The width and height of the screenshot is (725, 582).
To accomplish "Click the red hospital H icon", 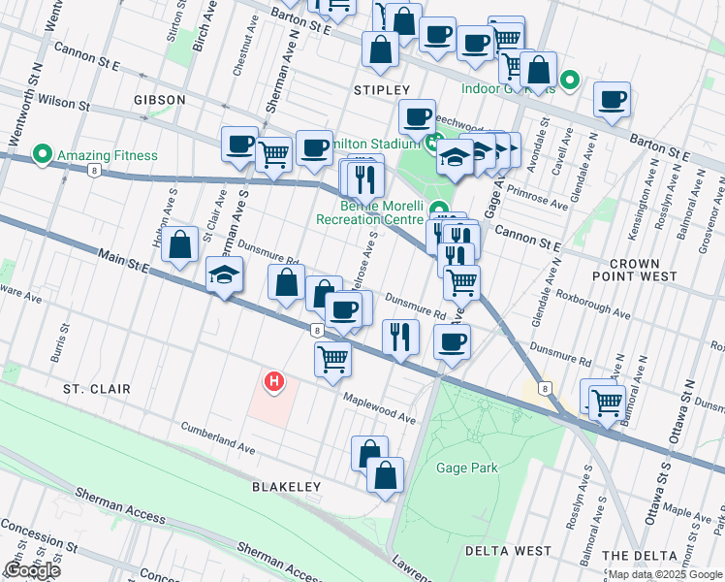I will [274, 382].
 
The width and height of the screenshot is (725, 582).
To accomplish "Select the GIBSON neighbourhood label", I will [160, 100].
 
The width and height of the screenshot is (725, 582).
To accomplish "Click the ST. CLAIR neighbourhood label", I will [96, 388].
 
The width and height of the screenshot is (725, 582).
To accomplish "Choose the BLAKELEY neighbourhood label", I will [286, 486].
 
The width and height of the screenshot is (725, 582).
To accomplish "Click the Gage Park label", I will [467, 468].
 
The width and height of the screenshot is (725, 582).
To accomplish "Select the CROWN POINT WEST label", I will [648, 270].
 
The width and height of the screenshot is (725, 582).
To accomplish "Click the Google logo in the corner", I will [32, 569].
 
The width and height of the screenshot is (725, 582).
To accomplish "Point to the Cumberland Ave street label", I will [218, 438].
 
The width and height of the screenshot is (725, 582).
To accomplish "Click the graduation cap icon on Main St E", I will [224, 275].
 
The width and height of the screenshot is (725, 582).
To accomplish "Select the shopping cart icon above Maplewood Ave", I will [333, 358].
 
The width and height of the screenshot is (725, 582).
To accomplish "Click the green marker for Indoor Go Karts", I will [571, 81].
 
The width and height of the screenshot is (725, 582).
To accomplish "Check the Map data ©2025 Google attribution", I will [664, 574].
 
